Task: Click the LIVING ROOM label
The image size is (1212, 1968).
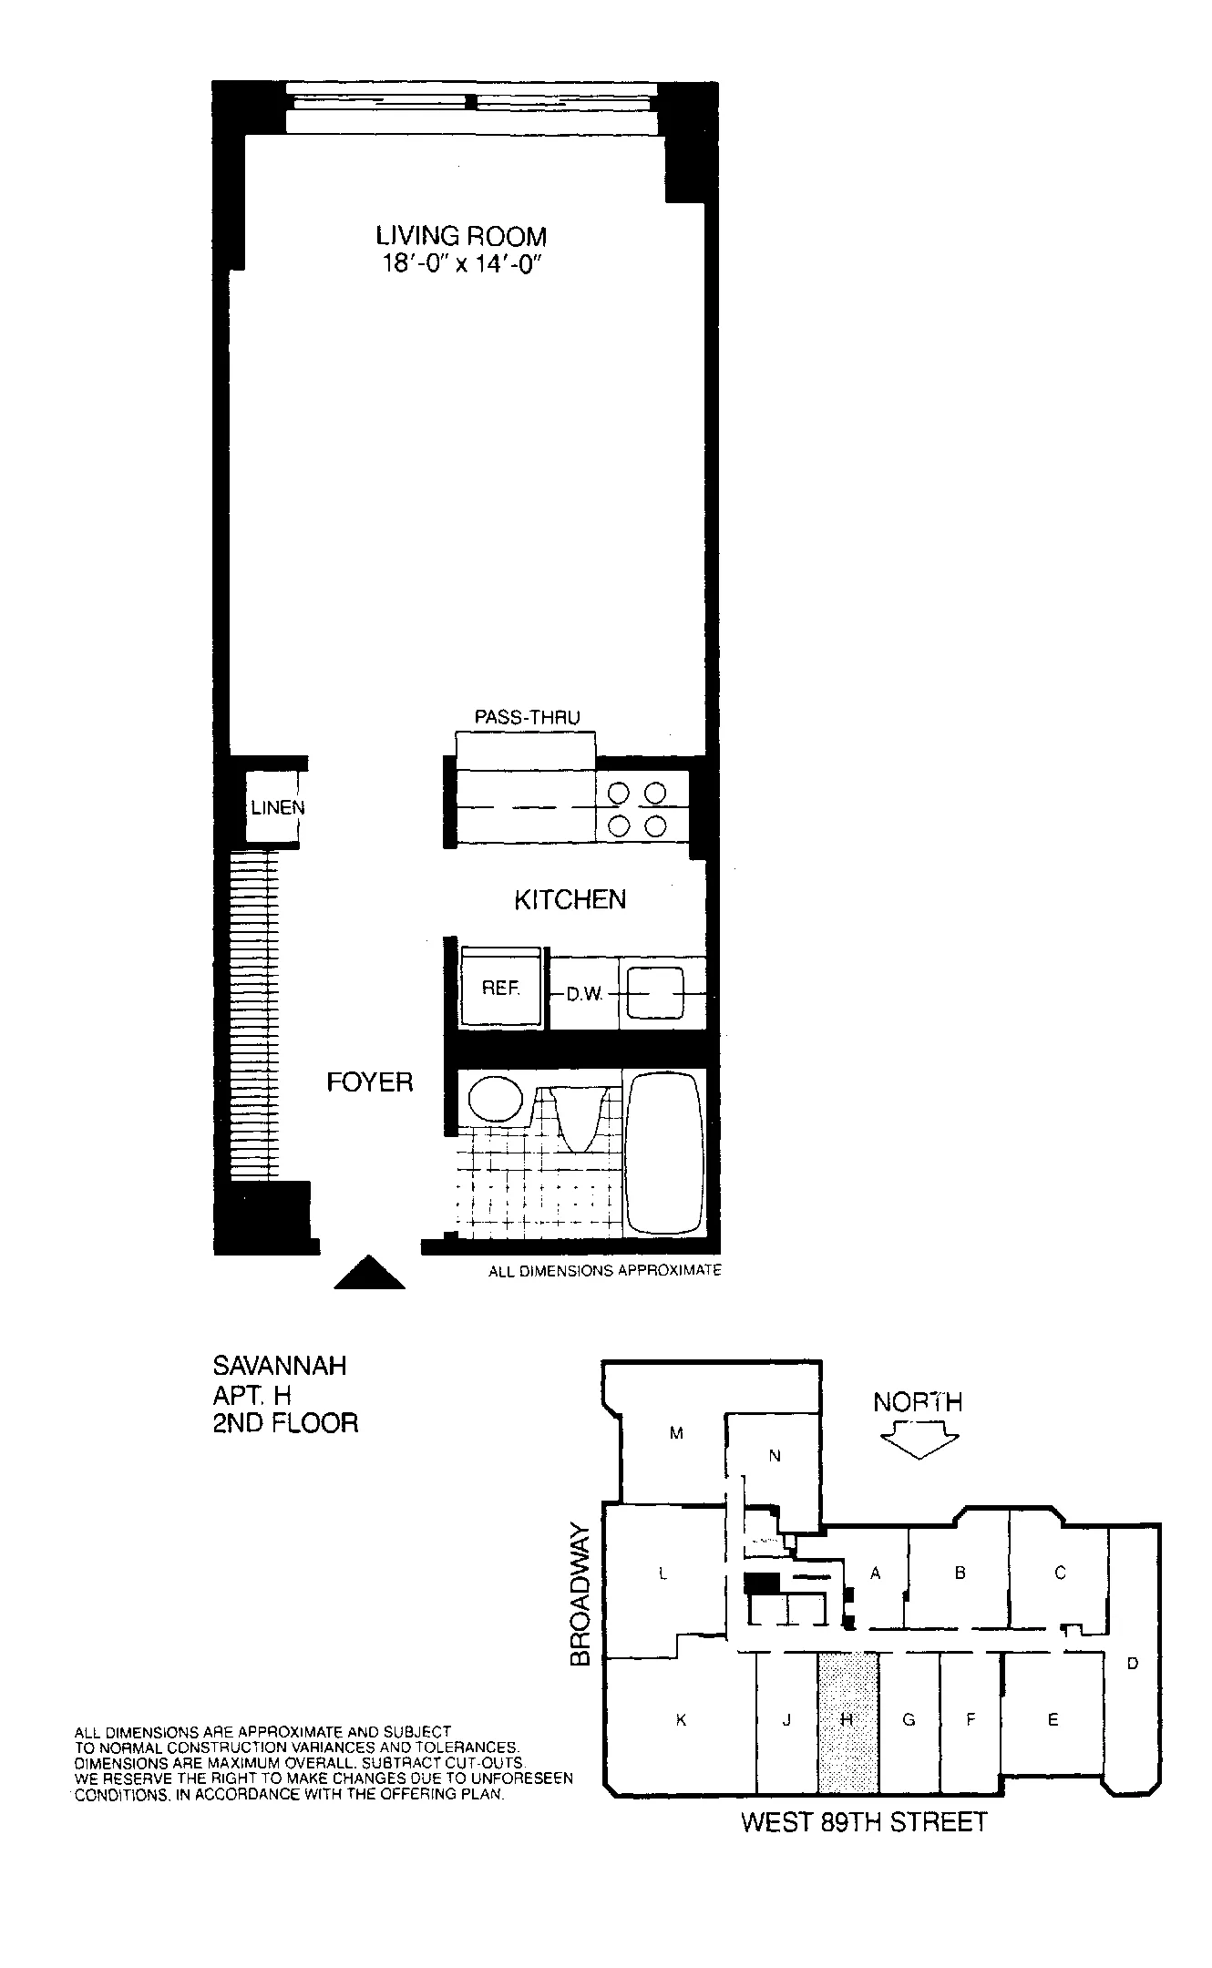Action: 461,236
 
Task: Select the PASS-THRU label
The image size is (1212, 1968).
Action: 527,718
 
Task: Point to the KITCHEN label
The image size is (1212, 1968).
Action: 570,900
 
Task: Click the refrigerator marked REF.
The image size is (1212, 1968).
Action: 501,989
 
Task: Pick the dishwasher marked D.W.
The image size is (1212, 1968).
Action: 585,994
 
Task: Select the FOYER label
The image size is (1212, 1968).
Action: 370,1082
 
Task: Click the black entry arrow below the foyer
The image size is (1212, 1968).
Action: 369,1272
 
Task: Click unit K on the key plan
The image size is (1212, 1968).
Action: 680,1721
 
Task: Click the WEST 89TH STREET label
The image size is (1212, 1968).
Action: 864,1822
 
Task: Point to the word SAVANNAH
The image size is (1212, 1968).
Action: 280,1367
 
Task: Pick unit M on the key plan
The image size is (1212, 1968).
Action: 676,1433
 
